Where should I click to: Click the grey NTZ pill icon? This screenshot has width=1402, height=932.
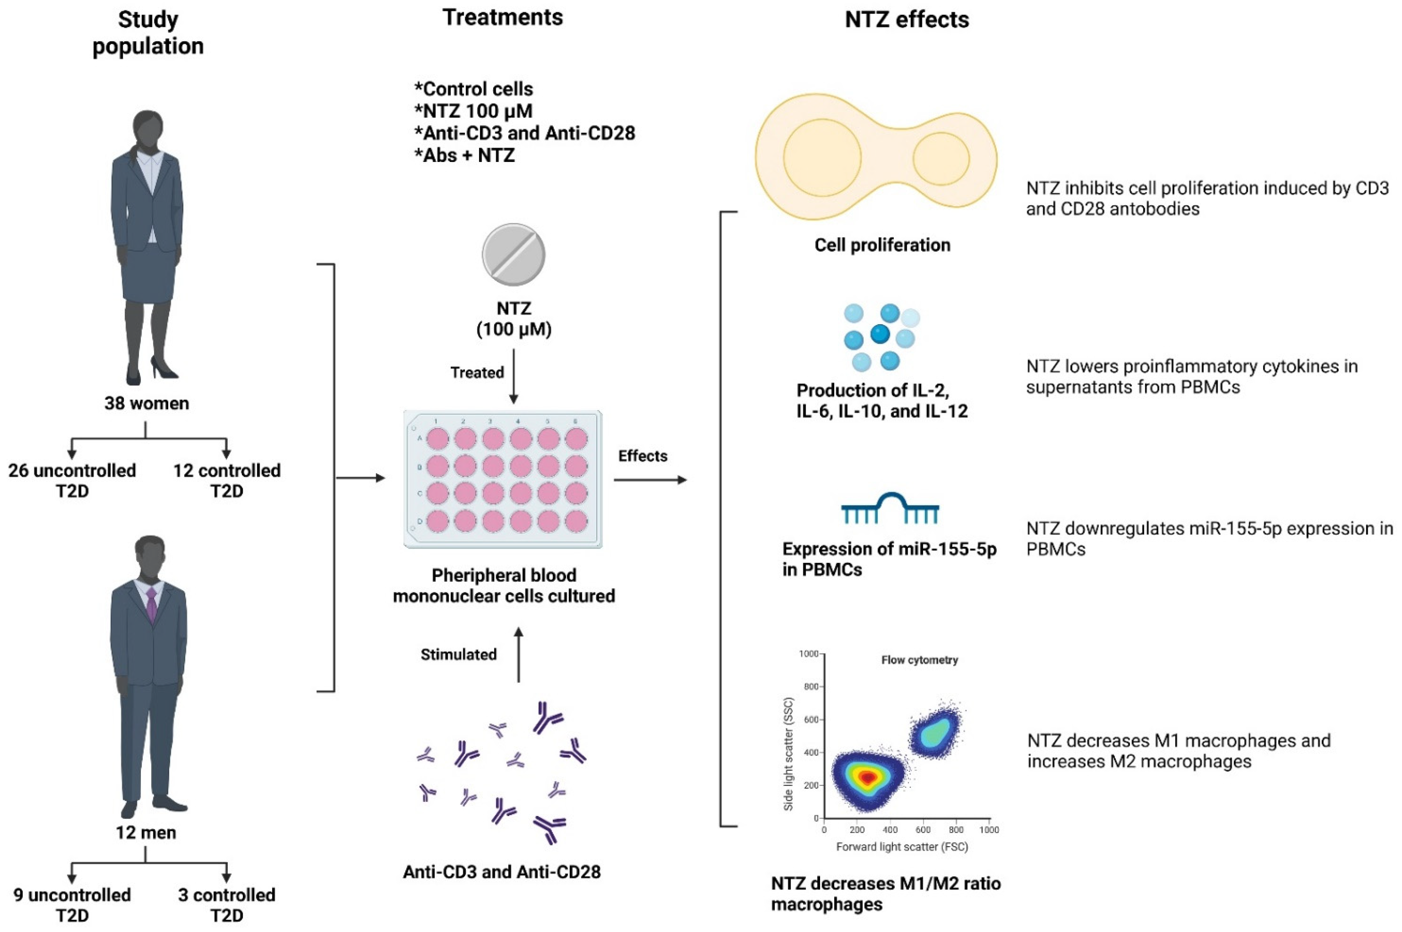point(513,254)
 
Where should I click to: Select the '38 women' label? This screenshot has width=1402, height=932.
point(147,404)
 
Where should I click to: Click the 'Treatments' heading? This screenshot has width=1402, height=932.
point(502,18)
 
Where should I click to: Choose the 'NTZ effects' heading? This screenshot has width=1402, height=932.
point(907,20)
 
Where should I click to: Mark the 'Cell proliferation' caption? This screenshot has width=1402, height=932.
point(882,245)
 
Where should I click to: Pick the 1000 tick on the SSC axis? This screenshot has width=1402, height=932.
point(809,654)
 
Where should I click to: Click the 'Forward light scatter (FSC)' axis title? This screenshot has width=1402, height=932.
point(902,847)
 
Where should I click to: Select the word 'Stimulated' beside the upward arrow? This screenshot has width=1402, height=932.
point(458,654)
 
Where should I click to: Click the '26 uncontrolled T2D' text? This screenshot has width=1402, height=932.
point(72,481)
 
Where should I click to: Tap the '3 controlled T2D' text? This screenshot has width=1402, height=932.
point(226,905)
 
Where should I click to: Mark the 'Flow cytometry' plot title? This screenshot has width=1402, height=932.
point(919,660)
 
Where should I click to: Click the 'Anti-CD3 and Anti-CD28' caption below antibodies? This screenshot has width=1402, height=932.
point(502,872)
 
